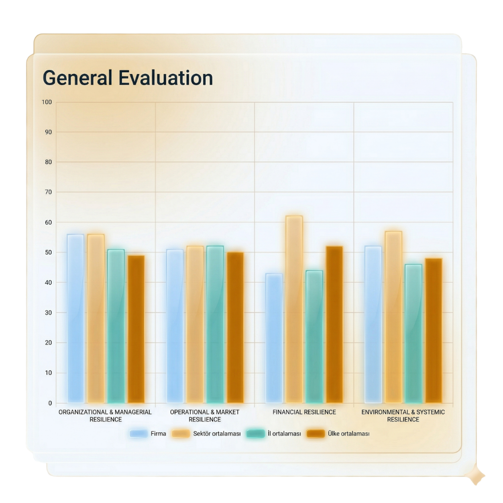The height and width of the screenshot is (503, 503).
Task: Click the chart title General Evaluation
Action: point(128,78)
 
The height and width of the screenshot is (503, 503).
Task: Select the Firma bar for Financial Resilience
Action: point(274,338)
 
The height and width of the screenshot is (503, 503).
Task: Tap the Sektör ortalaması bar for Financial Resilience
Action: point(294,309)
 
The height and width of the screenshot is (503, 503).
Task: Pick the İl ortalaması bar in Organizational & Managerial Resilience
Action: point(116,326)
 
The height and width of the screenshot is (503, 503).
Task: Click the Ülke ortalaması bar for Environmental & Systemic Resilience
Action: point(433,331)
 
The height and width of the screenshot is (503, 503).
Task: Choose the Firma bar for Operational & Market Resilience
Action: point(175,326)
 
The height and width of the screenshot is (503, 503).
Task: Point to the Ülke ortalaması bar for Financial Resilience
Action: point(334,325)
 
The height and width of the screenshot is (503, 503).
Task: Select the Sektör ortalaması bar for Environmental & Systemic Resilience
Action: point(393,317)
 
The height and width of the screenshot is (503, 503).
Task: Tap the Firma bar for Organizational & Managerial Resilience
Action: point(75,319)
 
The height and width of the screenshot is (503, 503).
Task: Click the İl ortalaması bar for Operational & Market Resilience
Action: point(215,325)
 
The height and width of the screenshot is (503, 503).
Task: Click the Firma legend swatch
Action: point(138,434)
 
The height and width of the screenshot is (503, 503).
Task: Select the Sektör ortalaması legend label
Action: point(217,434)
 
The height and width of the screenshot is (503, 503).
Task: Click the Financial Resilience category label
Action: point(304,412)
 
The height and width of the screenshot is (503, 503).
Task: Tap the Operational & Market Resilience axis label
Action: point(204,415)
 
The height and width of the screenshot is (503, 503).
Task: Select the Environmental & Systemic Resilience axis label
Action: point(403,415)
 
